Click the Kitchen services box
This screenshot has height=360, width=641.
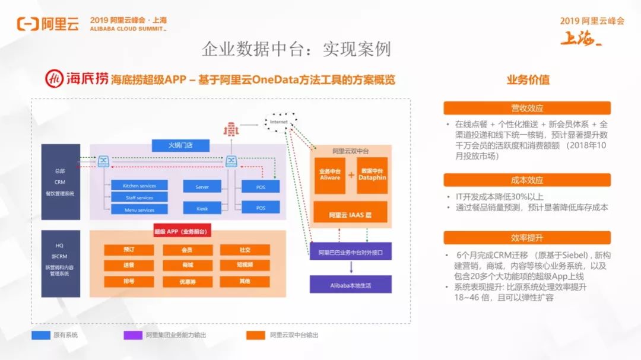click(x=139, y=186)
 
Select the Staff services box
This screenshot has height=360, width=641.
click(x=139, y=197)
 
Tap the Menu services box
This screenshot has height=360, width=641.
click(x=139, y=209)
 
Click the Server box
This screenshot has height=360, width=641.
click(x=202, y=187)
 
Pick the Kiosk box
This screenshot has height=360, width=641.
click(x=202, y=208)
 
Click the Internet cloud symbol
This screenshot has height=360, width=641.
click(x=279, y=122)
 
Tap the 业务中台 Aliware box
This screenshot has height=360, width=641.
click(x=330, y=175)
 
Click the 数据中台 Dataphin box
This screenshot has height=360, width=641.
click(x=372, y=175)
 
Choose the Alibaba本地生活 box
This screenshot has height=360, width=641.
click(x=350, y=285)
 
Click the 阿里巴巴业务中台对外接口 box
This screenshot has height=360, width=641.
click(x=350, y=251)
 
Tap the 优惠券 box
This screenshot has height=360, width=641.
click(x=187, y=281)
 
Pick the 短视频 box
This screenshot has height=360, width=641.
click(x=245, y=265)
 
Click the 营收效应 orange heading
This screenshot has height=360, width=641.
click(x=527, y=108)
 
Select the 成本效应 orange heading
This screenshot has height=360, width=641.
click(x=527, y=180)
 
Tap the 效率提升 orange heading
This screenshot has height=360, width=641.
click(x=527, y=238)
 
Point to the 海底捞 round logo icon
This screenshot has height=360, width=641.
click(x=55, y=78)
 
